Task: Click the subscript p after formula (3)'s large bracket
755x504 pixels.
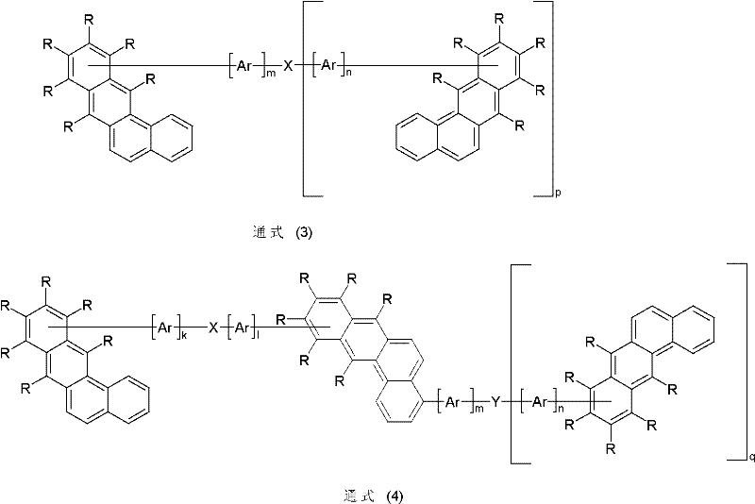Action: coord(559,194)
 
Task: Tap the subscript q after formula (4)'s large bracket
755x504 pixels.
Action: coord(752,458)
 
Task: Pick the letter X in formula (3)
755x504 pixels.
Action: coord(288,66)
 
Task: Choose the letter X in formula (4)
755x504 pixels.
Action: coord(213,328)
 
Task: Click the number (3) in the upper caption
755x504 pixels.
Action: coord(303,233)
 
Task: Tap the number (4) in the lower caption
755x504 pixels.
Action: coord(394,496)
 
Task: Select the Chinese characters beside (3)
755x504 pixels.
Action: coord(268,232)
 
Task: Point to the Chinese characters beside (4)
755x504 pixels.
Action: coord(360,496)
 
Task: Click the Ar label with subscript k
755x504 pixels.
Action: coord(165,328)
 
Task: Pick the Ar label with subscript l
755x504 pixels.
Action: coord(241,328)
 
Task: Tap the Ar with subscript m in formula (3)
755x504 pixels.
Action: coord(244,66)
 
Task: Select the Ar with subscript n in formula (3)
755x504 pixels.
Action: coord(327,65)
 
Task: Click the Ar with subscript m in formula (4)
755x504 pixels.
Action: coord(452,401)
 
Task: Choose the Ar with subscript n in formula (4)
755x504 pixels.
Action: coord(539,401)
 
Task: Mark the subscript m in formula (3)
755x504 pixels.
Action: coord(271,74)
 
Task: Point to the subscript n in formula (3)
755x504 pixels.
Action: coord(347,74)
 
